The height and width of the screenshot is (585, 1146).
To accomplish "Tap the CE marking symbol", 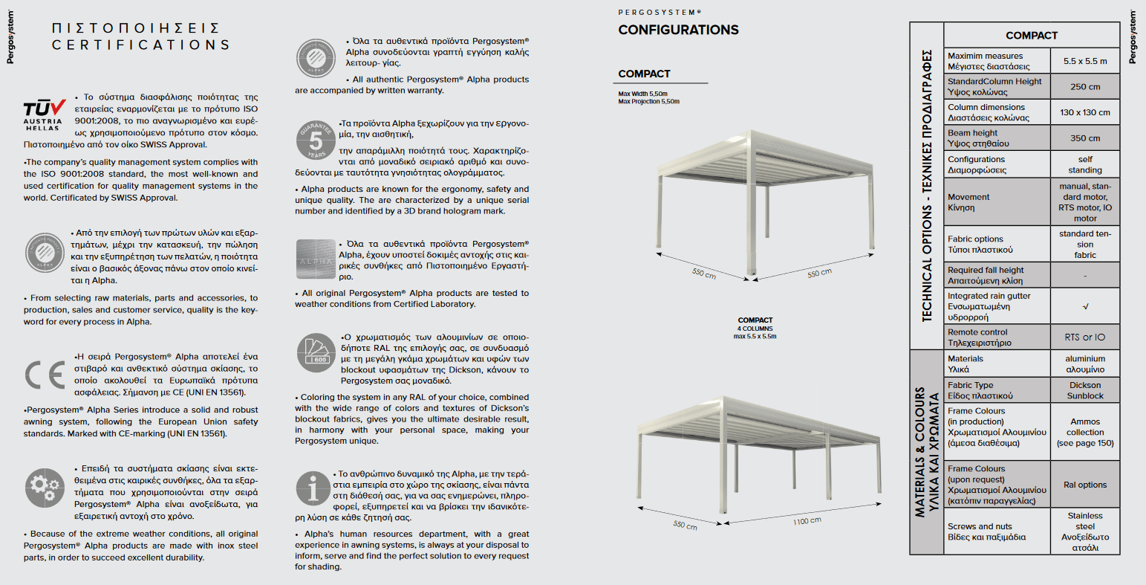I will click(x=45, y=375).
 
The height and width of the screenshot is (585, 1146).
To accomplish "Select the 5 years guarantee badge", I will click(x=316, y=139).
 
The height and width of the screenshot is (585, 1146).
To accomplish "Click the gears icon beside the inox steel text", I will click(x=44, y=488).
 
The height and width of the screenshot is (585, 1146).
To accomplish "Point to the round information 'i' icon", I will click(x=313, y=490).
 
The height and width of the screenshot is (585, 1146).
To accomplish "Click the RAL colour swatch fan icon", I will click(x=316, y=352).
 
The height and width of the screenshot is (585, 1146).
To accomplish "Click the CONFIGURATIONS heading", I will click(x=678, y=30).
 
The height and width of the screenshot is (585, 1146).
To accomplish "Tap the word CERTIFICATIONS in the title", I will click(x=140, y=45).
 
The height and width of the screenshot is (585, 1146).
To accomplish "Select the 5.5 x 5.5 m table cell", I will click(x=1084, y=61).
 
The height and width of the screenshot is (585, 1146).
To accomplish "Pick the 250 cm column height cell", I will click(x=1084, y=87).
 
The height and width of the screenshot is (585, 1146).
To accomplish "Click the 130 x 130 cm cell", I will click(x=1084, y=112).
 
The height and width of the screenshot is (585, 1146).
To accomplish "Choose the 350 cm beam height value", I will click(x=1084, y=138).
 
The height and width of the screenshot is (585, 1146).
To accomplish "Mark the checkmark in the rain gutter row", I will click(x=1085, y=306).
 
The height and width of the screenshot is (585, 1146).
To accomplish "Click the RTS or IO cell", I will click(x=1084, y=337).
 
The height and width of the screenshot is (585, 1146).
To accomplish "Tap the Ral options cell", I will click(x=1084, y=485).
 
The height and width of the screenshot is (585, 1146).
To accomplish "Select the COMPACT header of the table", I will click(x=1031, y=35).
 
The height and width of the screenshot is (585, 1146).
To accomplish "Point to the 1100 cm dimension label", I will click(x=807, y=521).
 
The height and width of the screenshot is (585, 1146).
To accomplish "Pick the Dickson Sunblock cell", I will click(x=1084, y=390).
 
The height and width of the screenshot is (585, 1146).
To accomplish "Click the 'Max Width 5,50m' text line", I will click(x=642, y=94).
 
